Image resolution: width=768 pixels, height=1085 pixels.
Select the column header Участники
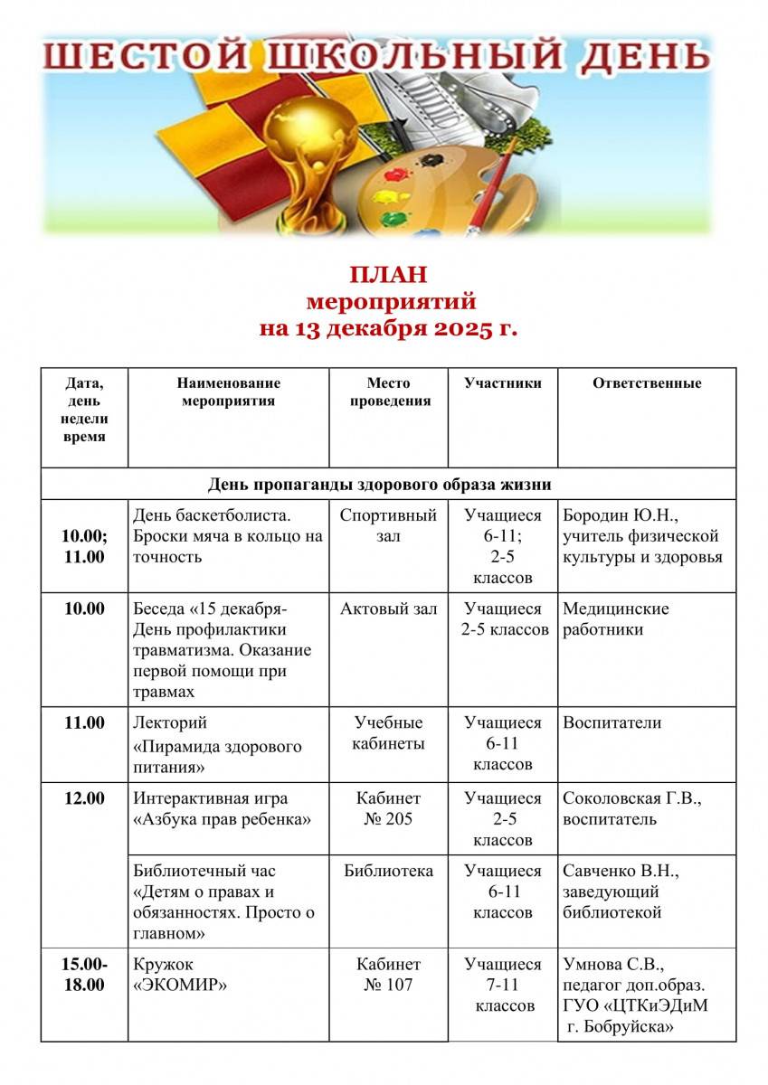click(503, 383)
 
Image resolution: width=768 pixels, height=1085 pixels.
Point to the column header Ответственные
click(647, 383)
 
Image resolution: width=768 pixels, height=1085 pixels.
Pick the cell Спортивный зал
click(388, 526)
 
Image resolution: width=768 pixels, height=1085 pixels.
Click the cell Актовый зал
click(388, 609)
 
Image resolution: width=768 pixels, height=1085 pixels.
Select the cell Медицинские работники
click(615, 619)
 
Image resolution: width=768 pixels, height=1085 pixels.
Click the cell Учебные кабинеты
click(388, 733)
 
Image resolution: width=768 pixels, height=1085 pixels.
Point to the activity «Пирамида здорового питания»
click(217, 758)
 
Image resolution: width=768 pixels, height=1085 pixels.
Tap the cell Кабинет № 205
click(388, 809)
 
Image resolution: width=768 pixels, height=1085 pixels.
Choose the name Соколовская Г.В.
click(632, 799)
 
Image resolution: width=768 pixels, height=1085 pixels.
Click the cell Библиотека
click(388, 872)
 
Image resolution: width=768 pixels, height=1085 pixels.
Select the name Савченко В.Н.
click(621, 872)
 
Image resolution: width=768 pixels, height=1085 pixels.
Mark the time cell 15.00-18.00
click(84, 975)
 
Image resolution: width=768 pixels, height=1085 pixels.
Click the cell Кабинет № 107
click(388, 975)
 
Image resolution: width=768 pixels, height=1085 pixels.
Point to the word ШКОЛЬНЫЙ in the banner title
click(404, 56)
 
